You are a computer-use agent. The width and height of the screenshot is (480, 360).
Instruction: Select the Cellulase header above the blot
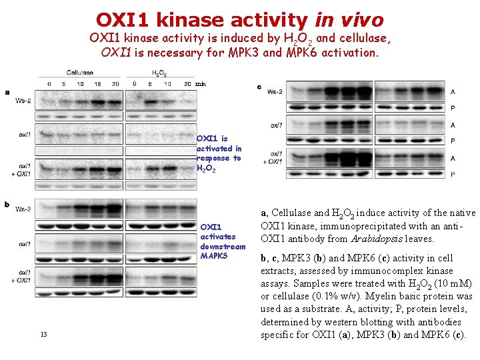pos(80,72)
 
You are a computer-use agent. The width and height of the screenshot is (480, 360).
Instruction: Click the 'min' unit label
pos(201,84)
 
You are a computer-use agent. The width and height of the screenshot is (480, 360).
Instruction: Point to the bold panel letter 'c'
pos(259,87)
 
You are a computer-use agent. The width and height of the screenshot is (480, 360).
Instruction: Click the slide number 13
pos(43,334)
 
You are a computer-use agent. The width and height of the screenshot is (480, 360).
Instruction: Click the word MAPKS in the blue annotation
pos(214,256)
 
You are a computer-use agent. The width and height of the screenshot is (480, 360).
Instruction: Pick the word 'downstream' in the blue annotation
pos(223,247)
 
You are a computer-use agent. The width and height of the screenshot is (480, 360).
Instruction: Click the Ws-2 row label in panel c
pos(275,91)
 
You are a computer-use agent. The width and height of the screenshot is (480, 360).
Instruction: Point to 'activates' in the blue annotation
pos(218,237)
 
